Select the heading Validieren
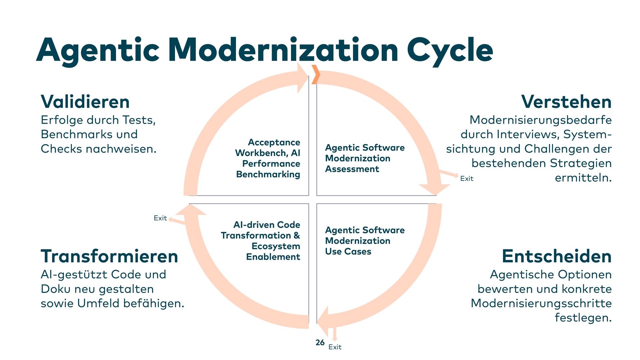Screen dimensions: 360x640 [x=85, y=102]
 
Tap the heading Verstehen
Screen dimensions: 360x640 [x=566, y=102]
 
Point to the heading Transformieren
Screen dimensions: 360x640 [x=109, y=256]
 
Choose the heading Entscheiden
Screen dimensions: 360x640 [x=557, y=256]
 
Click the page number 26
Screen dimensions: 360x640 [x=320, y=343]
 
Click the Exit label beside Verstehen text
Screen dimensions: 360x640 [x=467, y=179]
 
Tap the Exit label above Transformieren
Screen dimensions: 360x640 [x=160, y=218]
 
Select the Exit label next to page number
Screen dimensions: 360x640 [x=335, y=347]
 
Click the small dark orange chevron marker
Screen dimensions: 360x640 [x=315, y=74]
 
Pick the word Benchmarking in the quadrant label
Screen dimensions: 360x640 [x=268, y=174]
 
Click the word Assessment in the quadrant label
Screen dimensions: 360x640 [x=352, y=169]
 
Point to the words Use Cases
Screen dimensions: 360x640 [x=348, y=252]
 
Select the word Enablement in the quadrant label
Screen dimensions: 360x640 [x=273, y=257]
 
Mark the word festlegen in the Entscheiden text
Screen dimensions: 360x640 [x=583, y=318]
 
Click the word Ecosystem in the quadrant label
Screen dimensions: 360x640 [x=276, y=246]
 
